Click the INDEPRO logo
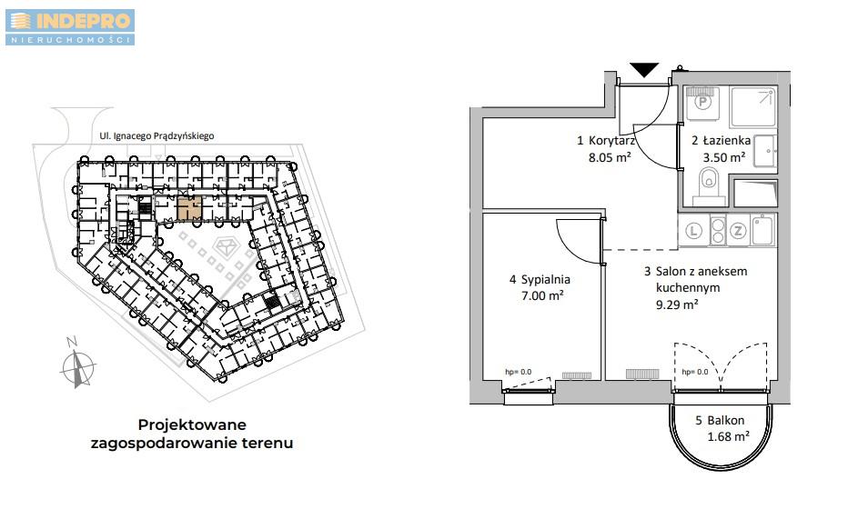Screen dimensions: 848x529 (70, 27)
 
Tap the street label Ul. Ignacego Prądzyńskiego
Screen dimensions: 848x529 (156, 136)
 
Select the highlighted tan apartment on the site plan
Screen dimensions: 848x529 (189, 208)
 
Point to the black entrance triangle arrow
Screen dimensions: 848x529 (644, 70)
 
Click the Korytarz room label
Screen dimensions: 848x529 (611, 141)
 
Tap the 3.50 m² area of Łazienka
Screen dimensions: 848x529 (724, 157)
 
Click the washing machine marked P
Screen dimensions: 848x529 (702, 104)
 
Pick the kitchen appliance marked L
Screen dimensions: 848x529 (693, 231)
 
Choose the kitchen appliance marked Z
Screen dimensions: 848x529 (738, 231)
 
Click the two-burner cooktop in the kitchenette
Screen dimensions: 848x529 (718, 231)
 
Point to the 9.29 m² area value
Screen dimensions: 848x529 (677, 304)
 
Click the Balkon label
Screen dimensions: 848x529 (726, 420)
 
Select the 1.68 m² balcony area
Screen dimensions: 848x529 (729, 436)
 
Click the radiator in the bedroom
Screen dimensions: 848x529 (577, 375)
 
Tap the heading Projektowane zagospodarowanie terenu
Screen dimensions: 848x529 (191, 434)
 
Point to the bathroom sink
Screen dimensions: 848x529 (764, 151)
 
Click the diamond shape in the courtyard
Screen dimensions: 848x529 (226, 247)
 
